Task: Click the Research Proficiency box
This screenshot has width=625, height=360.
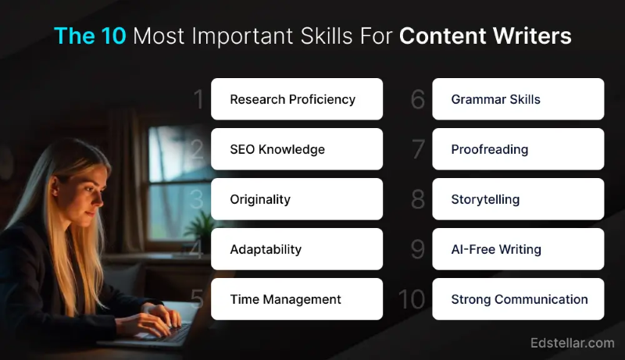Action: pyautogui.click(x=297, y=99)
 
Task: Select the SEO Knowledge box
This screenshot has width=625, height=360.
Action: pyautogui.click(x=297, y=149)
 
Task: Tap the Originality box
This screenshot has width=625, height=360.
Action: pyautogui.click(x=297, y=199)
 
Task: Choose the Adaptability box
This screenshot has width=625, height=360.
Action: pyautogui.click(x=297, y=249)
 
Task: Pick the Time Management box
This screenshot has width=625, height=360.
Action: pyautogui.click(x=297, y=299)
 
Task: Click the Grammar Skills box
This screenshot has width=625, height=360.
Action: pyautogui.click(x=518, y=99)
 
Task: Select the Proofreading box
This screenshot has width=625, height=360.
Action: pyautogui.click(x=518, y=149)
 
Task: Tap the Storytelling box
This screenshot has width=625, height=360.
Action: pyautogui.click(x=518, y=199)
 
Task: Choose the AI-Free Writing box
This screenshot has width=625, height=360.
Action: pyautogui.click(x=518, y=249)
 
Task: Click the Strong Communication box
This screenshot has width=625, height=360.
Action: pyautogui.click(x=518, y=299)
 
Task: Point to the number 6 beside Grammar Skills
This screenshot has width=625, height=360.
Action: pyautogui.click(x=418, y=100)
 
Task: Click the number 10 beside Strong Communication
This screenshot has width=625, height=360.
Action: pyautogui.click(x=412, y=300)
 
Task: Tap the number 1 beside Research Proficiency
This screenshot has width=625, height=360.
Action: pyautogui.click(x=198, y=100)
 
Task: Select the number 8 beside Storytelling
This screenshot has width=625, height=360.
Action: pyautogui.click(x=418, y=200)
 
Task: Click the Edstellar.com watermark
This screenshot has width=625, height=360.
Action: pyautogui.click(x=572, y=343)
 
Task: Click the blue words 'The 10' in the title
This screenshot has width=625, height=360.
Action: pyautogui.click(x=90, y=36)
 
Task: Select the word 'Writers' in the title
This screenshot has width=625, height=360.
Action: pyautogui.click(x=534, y=36)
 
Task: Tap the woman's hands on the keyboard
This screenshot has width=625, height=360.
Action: pyautogui.click(x=160, y=316)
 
